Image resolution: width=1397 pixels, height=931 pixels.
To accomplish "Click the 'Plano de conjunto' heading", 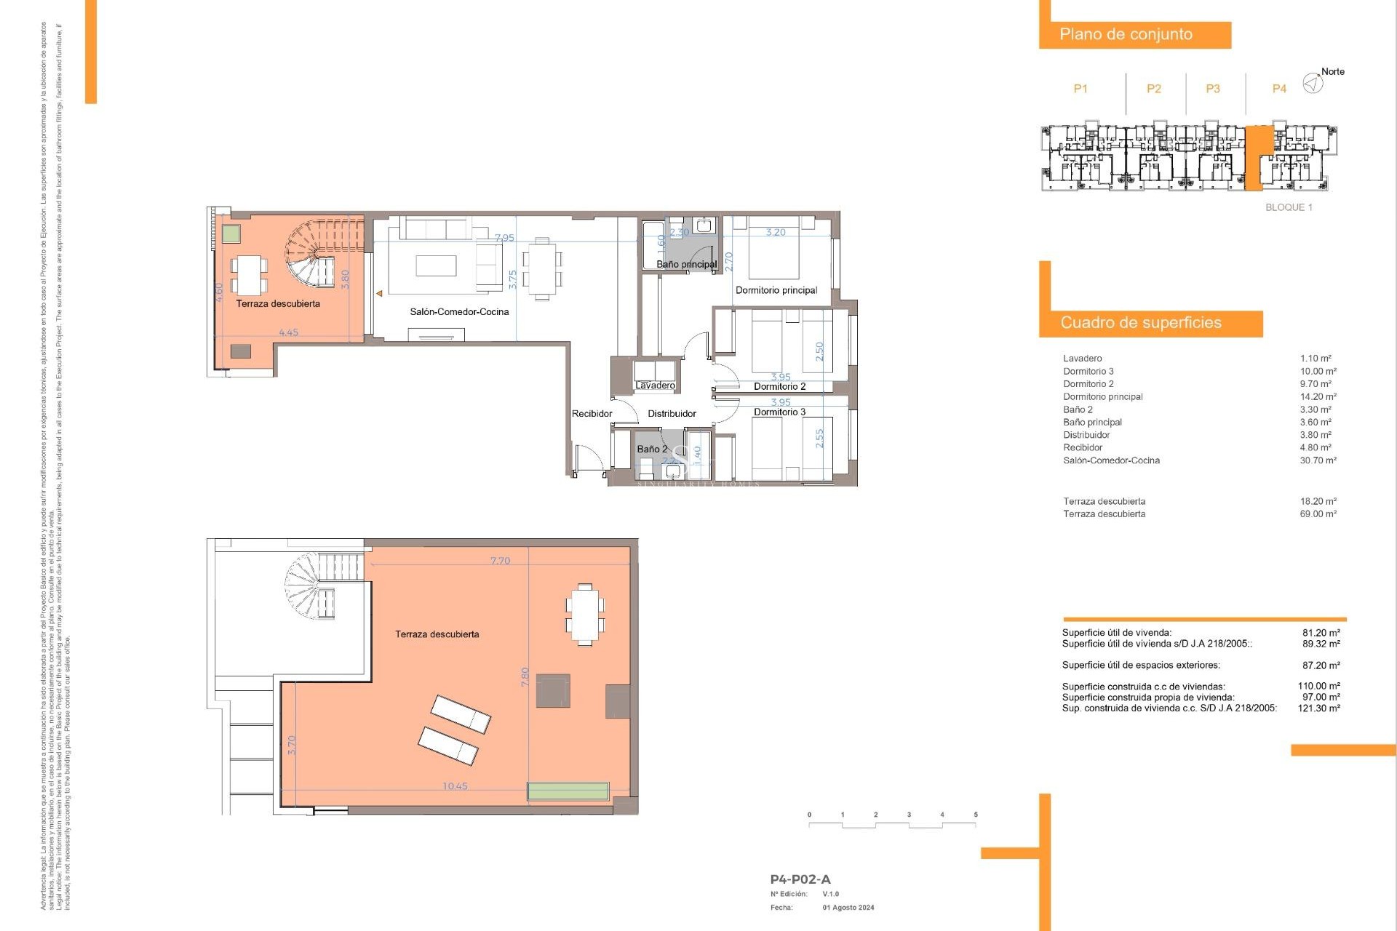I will [x=1126, y=34].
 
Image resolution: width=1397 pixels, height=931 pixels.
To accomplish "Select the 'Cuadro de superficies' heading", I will [x=1140, y=322].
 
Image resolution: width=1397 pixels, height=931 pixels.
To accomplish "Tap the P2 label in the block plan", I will [x=1153, y=89].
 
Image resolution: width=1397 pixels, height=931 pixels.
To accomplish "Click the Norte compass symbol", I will [x=1313, y=84].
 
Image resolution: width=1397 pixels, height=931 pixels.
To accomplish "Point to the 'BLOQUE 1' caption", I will [x=1289, y=207].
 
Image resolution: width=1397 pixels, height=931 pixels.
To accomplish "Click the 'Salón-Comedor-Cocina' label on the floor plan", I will [x=459, y=311].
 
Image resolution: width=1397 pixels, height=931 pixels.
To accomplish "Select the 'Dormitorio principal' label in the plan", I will [x=776, y=290].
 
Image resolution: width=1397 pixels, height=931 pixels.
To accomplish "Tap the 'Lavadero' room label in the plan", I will [x=655, y=385].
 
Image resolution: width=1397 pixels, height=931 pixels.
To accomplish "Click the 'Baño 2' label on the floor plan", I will [x=652, y=449].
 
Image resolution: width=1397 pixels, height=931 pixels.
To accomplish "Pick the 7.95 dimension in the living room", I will [x=504, y=238].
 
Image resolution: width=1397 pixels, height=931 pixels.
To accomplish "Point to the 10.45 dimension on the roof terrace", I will [x=455, y=786].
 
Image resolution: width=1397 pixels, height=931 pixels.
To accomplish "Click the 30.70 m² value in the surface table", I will [x=1318, y=460].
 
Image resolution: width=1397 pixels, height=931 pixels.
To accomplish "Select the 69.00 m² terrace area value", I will [x=1318, y=514].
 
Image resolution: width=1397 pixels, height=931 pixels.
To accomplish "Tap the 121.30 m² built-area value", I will [x=1318, y=708].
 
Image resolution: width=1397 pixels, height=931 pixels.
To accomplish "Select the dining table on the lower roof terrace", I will [x=585, y=615].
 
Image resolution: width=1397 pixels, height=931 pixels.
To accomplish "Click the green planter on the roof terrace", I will [x=568, y=791].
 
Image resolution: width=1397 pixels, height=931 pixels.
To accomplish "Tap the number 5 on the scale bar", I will [x=975, y=815].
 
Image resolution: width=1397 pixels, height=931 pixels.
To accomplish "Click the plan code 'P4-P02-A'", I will [x=800, y=879].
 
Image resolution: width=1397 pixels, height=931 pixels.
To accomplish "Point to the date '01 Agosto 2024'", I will [x=848, y=908].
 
